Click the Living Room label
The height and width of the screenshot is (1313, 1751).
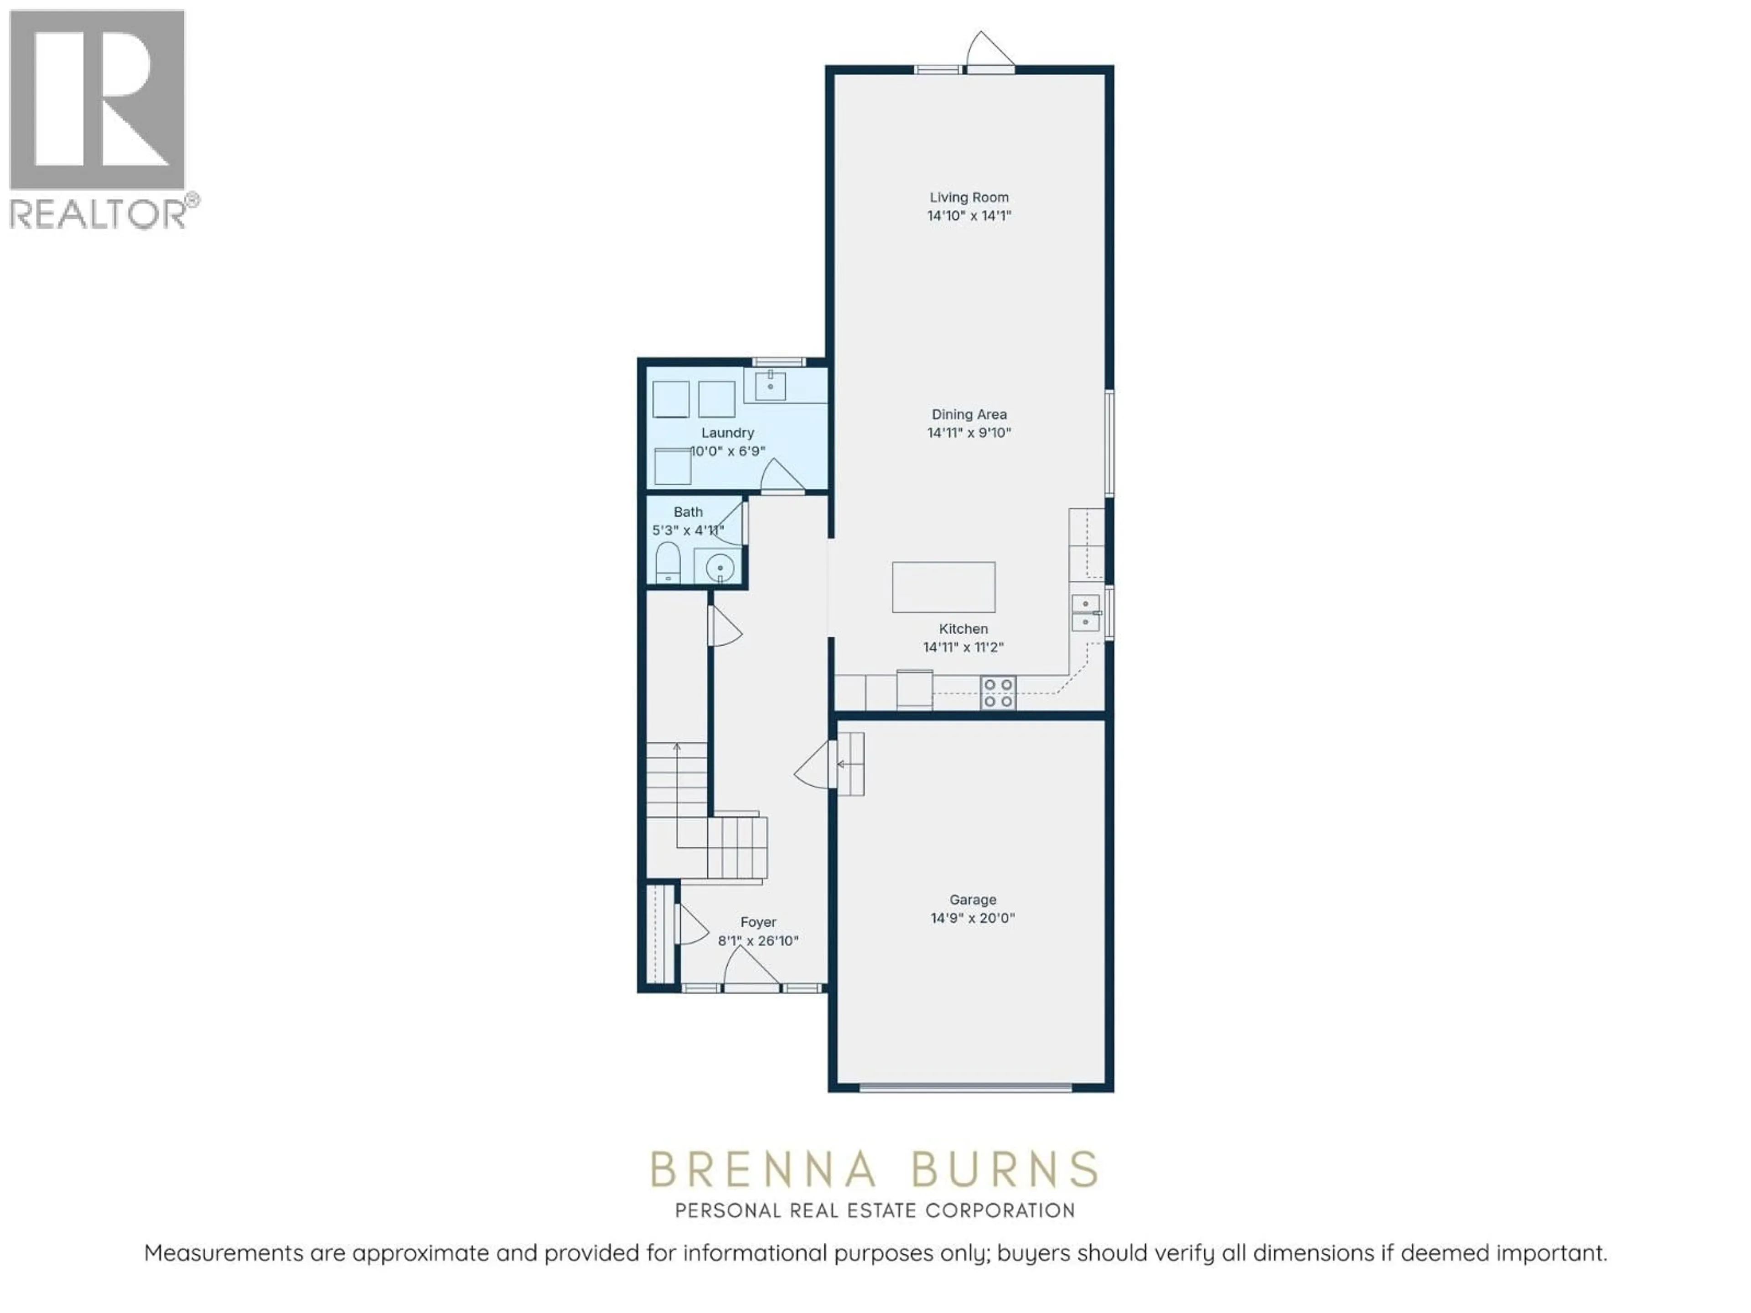tap(969, 197)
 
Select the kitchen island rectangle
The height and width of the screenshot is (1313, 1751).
tap(943, 587)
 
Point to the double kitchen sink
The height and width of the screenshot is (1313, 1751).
tap(1085, 613)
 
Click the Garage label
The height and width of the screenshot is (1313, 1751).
tap(973, 900)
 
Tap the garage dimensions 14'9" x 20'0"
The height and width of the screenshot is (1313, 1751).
tap(973, 918)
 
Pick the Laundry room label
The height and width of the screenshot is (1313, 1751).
tap(727, 433)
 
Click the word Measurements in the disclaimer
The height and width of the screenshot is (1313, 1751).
tap(224, 1253)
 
